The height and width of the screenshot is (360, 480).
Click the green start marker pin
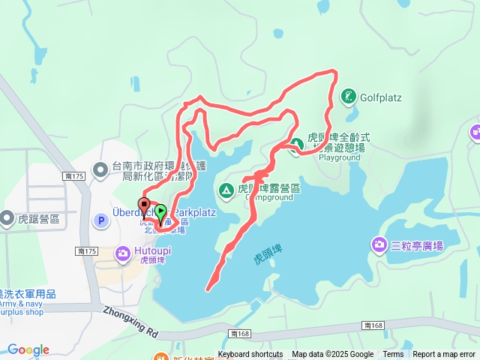[160, 212]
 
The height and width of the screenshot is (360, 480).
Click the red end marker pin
[143, 205]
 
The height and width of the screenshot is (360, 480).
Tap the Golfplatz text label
[382, 97]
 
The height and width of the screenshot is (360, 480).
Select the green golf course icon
[349, 96]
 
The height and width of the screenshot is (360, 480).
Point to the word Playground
[340, 157]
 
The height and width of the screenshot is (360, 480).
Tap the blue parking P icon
[100, 220]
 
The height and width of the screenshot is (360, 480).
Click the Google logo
[28, 349]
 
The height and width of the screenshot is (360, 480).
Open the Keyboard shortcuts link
[250, 355]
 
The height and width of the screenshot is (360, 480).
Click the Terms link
[393, 355]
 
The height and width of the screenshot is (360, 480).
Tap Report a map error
[444, 355]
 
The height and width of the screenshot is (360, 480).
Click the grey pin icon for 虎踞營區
[7, 219]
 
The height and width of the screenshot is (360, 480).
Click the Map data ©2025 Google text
[332, 355]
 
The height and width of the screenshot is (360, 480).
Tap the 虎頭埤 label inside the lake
[268, 259]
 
